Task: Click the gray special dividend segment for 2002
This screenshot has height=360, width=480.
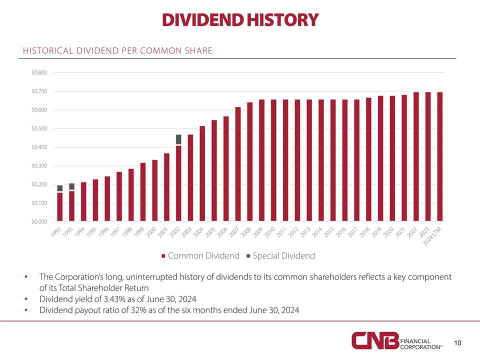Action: [178, 139]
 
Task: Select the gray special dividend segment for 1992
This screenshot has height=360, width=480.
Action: [60, 188]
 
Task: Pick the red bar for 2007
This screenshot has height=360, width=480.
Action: [238, 164]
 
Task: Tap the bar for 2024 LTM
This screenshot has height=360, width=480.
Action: [440, 156]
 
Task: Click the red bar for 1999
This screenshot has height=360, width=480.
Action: [143, 192]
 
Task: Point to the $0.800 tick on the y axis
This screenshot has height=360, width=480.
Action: [39, 73]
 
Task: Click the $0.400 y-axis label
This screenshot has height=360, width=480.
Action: [39, 147]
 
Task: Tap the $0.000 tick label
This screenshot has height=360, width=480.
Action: [39, 221]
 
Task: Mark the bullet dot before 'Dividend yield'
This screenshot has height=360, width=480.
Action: [25, 299]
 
